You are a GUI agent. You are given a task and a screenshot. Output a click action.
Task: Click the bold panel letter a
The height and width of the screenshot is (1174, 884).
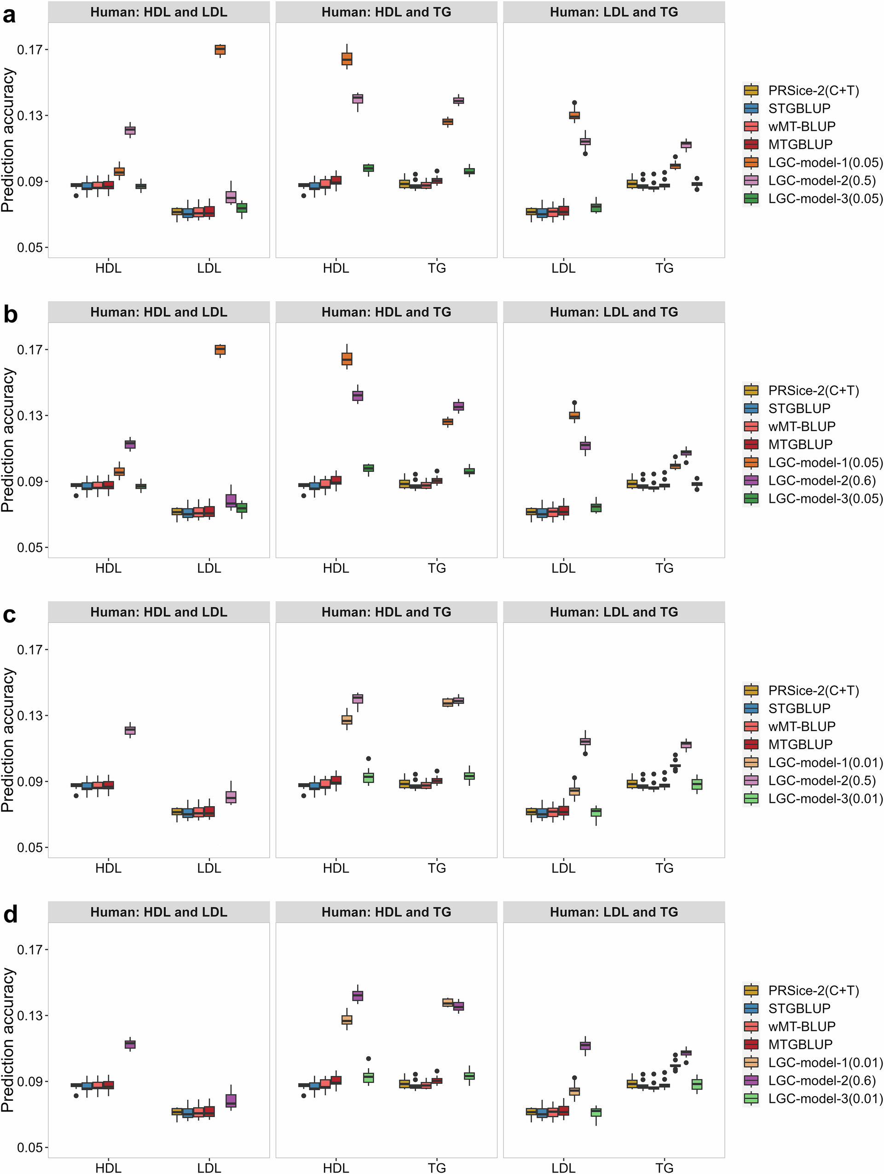[9, 15]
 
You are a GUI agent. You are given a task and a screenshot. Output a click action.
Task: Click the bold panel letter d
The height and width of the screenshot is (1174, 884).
[10, 914]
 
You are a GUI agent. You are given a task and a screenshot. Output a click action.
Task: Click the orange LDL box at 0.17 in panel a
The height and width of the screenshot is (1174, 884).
[220, 49]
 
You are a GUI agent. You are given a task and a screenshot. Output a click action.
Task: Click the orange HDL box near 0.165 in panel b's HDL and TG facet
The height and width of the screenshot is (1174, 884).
[347, 359]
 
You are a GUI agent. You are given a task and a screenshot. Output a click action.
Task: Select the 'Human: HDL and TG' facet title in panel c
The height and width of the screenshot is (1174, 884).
[386, 612]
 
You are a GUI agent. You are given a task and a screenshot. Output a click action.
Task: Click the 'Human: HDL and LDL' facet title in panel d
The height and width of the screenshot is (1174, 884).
[159, 912]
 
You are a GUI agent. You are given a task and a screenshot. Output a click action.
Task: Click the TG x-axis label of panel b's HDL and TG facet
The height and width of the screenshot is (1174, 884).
[437, 568]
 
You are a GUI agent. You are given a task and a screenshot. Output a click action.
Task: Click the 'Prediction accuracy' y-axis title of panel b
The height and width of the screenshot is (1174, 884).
[7, 440]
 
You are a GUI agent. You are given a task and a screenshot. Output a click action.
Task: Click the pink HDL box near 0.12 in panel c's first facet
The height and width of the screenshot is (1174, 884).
[130, 730]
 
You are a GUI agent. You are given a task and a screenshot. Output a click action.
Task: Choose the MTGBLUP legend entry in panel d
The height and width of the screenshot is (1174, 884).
[800, 1044]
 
